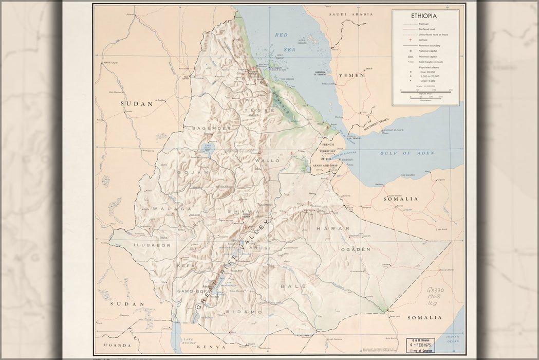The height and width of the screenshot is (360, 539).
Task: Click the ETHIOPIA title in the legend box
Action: (x=425, y=16)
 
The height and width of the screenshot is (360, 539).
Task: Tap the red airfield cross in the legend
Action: (x=410, y=40)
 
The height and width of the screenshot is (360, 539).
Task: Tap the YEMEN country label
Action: (x=351, y=75)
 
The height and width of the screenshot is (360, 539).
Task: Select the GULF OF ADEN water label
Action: (x=407, y=153)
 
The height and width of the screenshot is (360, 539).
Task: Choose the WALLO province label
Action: (x=267, y=160)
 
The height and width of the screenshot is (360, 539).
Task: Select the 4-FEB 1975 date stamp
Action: (x=420, y=345)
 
